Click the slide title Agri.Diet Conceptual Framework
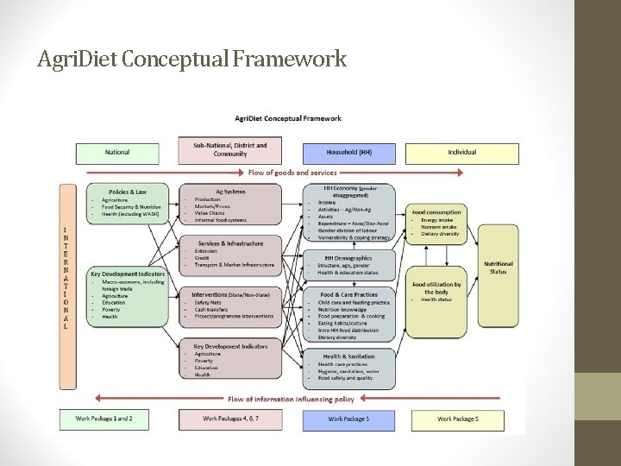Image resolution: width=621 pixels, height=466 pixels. [192, 60]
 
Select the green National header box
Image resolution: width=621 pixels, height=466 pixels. [117, 153]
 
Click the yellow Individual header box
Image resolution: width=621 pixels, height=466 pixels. [461, 153]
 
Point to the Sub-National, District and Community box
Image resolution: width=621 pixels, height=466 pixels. [229, 150]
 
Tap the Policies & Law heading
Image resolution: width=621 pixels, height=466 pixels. [128, 192]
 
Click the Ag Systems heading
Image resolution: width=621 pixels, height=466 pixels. [230, 192]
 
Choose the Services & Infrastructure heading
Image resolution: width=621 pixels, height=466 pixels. [229, 243]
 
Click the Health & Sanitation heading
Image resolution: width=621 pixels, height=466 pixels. [348, 356]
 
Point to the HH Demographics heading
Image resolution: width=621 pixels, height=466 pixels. [348, 257]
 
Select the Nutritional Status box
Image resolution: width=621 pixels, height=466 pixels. [498, 268]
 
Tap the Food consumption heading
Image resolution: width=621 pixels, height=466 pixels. [436, 212]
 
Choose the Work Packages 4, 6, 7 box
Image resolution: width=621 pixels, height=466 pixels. [229, 419]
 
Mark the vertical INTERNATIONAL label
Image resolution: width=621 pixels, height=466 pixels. [66, 278]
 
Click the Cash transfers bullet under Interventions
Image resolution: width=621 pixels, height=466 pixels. [212, 309]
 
